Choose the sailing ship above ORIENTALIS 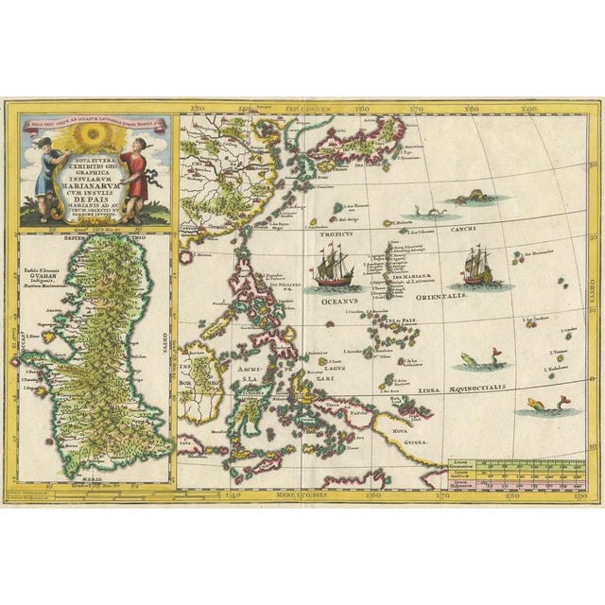point(479,266)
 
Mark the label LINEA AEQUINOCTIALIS point(480,388)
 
